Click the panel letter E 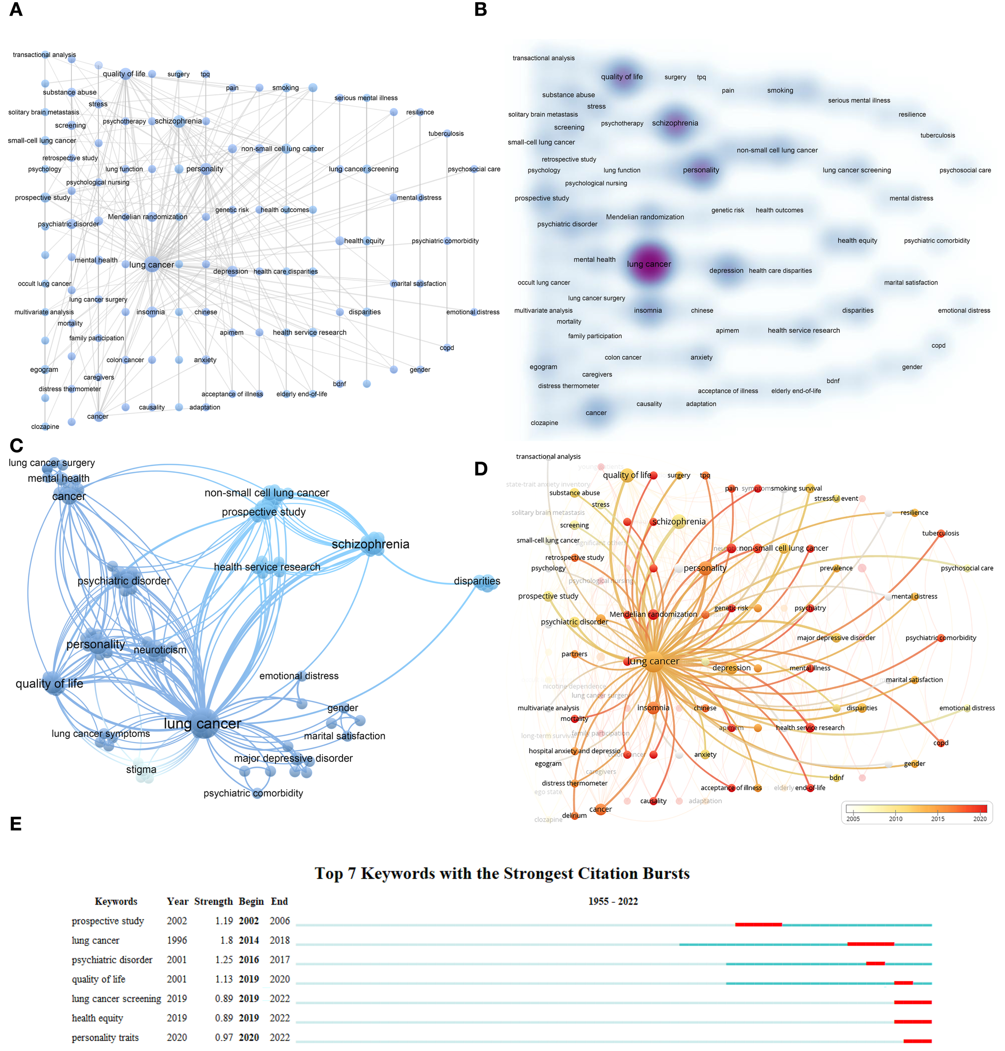16,823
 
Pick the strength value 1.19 224,921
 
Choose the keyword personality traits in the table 105,1038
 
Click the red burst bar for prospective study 758,924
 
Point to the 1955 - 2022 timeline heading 613,901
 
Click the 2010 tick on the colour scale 895,819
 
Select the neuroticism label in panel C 160,650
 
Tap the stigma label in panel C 141,770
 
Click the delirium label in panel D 574,815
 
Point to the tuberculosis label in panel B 937,135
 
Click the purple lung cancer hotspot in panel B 649,264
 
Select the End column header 279,901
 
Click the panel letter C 16,446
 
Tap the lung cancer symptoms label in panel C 101,733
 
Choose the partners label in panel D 574,654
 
